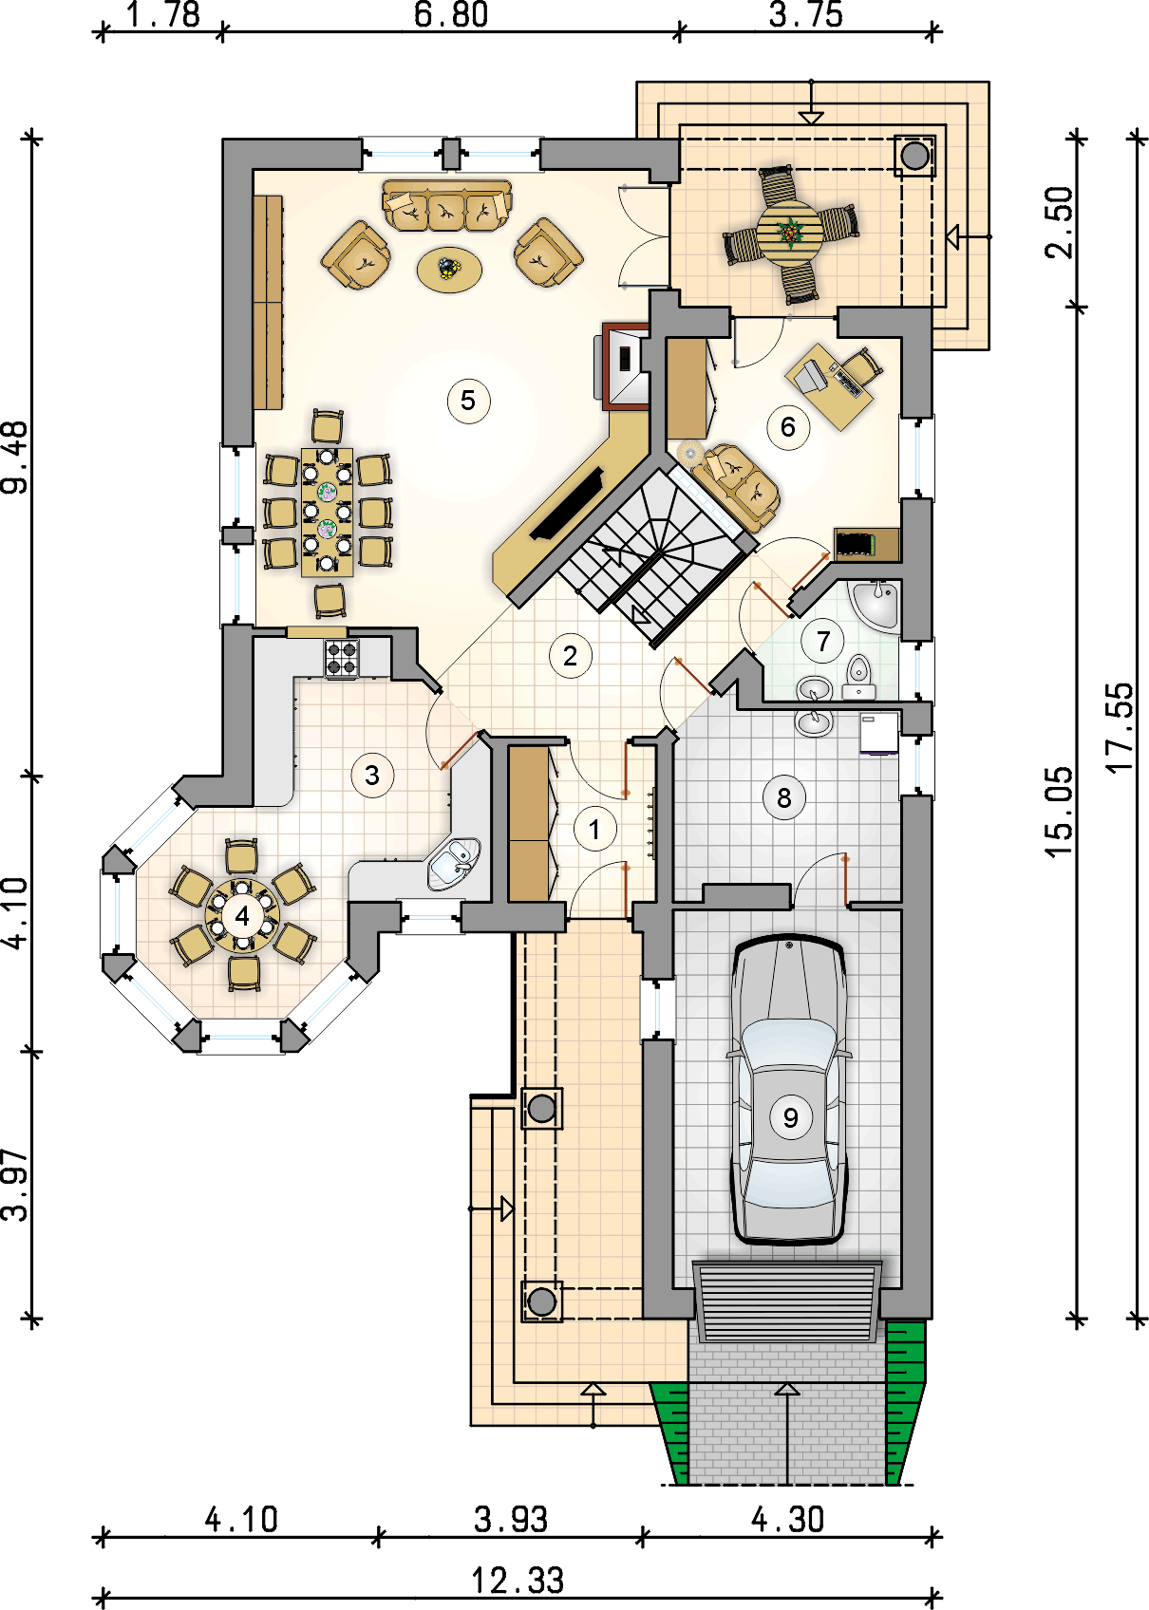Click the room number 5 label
pos(468,401)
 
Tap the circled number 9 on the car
pos(790,1117)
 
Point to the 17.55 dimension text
pos(1121,726)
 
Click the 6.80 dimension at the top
pos(451,14)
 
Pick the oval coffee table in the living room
pos(449,270)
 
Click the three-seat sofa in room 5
pos(446,206)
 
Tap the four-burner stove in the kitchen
pos(342,659)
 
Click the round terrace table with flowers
pos(789,233)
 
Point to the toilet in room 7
pos(858,677)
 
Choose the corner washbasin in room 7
pos(875,604)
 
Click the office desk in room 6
pos(829,386)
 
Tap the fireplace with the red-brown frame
pos(625,366)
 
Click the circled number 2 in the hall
pos(570,656)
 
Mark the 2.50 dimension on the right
pos(1059,223)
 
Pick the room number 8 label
pos(783,797)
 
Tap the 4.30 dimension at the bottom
pos(787,1520)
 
